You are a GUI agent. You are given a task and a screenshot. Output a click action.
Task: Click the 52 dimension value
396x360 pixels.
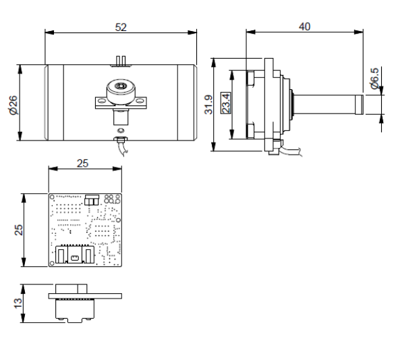point(121,27)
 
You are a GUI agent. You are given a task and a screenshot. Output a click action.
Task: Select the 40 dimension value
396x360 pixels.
point(304,26)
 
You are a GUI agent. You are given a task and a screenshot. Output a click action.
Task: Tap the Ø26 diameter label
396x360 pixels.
point(13,105)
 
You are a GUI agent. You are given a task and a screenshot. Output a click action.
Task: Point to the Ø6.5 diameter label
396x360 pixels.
point(375,78)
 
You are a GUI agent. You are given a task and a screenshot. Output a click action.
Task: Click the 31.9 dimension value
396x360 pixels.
point(209,105)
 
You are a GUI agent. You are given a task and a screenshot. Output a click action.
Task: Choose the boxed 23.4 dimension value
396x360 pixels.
point(225,103)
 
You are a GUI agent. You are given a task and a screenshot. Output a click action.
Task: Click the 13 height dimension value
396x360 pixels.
point(18,303)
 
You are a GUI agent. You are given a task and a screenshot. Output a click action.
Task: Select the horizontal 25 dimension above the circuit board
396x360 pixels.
point(82,163)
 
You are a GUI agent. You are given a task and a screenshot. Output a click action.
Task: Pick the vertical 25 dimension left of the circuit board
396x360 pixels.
point(18,230)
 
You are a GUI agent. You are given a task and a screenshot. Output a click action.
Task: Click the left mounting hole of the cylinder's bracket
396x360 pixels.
point(101,101)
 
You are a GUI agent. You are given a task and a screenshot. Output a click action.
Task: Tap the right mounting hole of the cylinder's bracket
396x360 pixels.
point(140,101)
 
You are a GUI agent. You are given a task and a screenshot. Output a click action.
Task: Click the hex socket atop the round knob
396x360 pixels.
point(119,86)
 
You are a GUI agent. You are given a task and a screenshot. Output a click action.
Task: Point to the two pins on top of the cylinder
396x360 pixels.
point(121,61)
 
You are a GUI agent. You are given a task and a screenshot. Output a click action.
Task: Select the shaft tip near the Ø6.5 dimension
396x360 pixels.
point(360,105)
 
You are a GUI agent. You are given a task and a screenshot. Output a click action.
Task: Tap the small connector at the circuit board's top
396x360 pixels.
point(92,200)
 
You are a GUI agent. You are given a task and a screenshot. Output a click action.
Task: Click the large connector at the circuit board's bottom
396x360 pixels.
point(75,254)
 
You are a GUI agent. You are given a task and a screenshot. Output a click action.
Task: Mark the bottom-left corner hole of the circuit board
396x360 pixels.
point(52,263)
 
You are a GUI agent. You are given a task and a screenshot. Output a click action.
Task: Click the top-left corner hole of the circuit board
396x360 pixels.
point(52,197)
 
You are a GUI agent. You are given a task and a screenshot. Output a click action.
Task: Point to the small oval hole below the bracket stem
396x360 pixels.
point(121,130)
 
